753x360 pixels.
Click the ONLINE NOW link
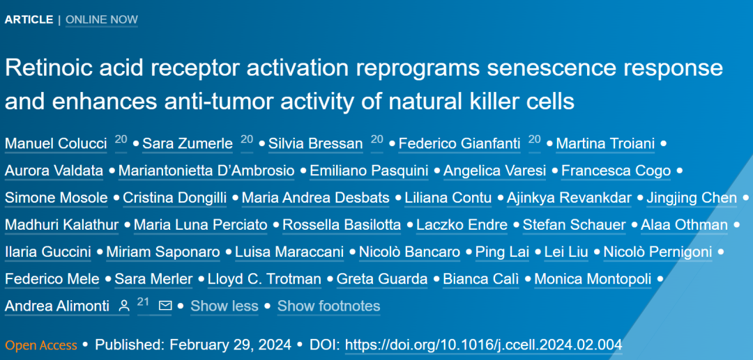pyautogui.click(x=102, y=19)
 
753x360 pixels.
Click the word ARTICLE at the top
pyautogui.click(x=29, y=19)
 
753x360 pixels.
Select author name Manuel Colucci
pyautogui.click(x=56, y=143)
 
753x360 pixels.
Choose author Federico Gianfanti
pyautogui.click(x=459, y=143)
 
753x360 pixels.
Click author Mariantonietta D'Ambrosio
pyautogui.click(x=206, y=171)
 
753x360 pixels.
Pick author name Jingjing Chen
pyautogui.click(x=692, y=198)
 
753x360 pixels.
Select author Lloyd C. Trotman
pyautogui.click(x=264, y=279)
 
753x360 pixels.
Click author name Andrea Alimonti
pyautogui.click(x=57, y=306)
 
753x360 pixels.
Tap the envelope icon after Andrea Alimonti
pyautogui.click(x=165, y=306)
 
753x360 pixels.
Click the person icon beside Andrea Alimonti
pyautogui.click(x=124, y=306)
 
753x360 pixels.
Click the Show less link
pyautogui.click(x=225, y=306)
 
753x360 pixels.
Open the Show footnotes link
pyautogui.click(x=329, y=306)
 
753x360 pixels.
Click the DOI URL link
pyautogui.click(x=484, y=345)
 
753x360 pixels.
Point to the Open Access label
pyautogui.click(x=41, y=345)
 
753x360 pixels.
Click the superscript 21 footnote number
pyautogui.click(x=144, y=302)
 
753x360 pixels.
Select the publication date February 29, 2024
pyautogui.click(x=231, y=345)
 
